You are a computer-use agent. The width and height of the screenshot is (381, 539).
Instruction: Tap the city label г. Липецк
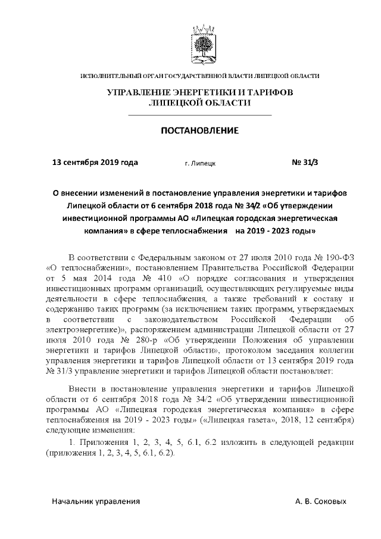tap(200, 162)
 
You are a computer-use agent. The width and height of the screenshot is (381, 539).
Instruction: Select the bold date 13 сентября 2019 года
tap(95, 161)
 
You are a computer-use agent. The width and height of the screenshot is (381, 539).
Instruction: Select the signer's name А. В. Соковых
tap(320, 501)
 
